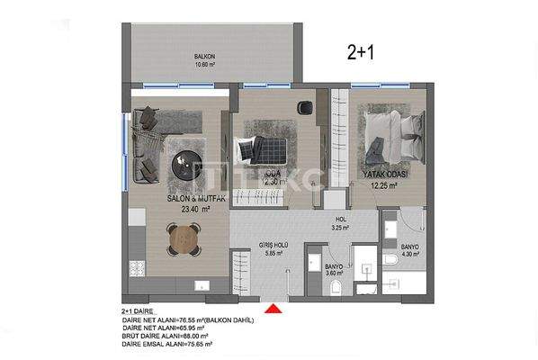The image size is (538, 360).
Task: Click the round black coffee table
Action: tap(190, 166)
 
